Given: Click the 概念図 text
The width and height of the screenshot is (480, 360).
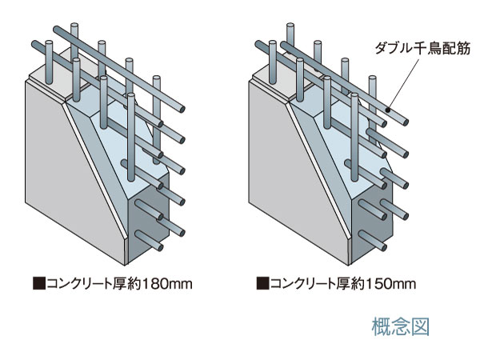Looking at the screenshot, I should tap(402, 326).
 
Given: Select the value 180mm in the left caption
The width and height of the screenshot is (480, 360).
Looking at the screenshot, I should tap(169, 283).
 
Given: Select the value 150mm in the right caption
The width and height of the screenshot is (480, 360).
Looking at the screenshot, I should tap(393, 283).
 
